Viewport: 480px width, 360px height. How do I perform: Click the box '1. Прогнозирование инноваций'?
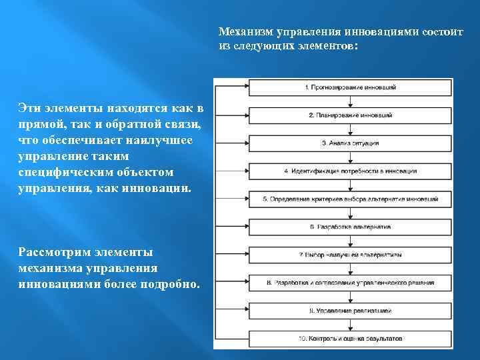pos(351,87)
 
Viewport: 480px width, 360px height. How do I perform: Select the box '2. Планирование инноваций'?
pos(351,115)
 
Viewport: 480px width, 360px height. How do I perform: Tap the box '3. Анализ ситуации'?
pos(351,143)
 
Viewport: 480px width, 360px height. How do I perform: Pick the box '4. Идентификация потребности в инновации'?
pos(351,171)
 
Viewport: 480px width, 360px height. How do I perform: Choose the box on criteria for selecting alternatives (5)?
pos(351,199)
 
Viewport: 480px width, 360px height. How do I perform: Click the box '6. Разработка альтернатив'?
pos(351,227)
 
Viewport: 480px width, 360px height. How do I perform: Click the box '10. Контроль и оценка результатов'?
pos(351,339)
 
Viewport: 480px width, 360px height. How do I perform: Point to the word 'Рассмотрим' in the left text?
pos(51,252)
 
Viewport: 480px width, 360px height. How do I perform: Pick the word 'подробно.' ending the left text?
pos(168,285)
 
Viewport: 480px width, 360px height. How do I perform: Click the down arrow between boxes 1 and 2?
pos(351,101)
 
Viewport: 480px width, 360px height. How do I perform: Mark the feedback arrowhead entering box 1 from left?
pos(246,87)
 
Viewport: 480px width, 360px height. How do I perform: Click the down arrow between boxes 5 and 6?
pos(351,213)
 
